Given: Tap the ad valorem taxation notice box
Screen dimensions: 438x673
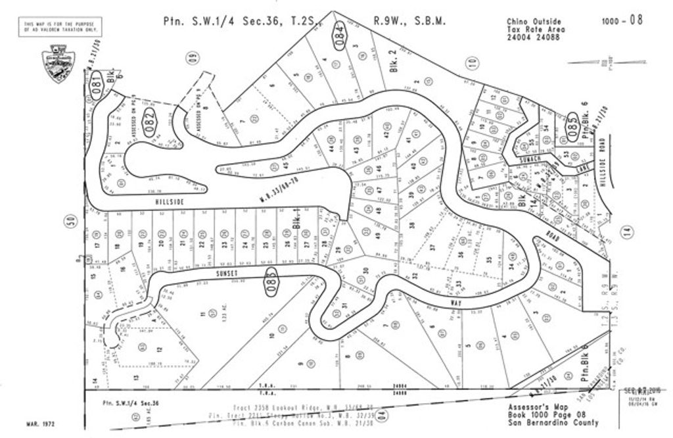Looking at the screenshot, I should pos(62,27).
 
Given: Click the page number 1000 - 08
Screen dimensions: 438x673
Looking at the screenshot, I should pos(622,20).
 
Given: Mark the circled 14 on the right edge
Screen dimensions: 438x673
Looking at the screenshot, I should pos(626,230).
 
